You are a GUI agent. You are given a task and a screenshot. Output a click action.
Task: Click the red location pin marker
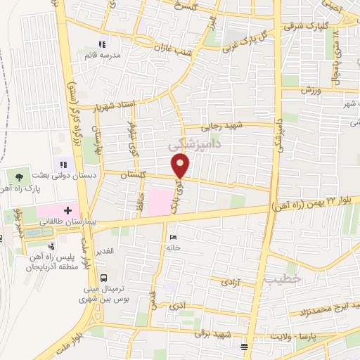181,166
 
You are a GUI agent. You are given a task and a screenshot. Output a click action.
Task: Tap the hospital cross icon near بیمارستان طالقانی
67,210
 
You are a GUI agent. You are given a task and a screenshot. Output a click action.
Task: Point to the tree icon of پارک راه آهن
18,178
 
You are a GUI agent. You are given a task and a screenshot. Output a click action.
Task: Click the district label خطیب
284,278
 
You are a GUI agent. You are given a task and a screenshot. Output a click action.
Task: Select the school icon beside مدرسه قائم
102,44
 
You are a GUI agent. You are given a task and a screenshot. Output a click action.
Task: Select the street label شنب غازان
172,46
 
